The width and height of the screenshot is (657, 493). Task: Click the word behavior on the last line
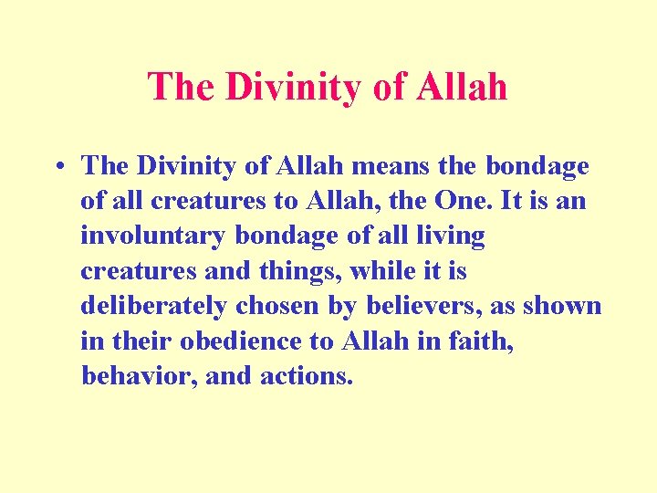click(139, 375)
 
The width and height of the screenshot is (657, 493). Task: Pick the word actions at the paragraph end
click(308, 375)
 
